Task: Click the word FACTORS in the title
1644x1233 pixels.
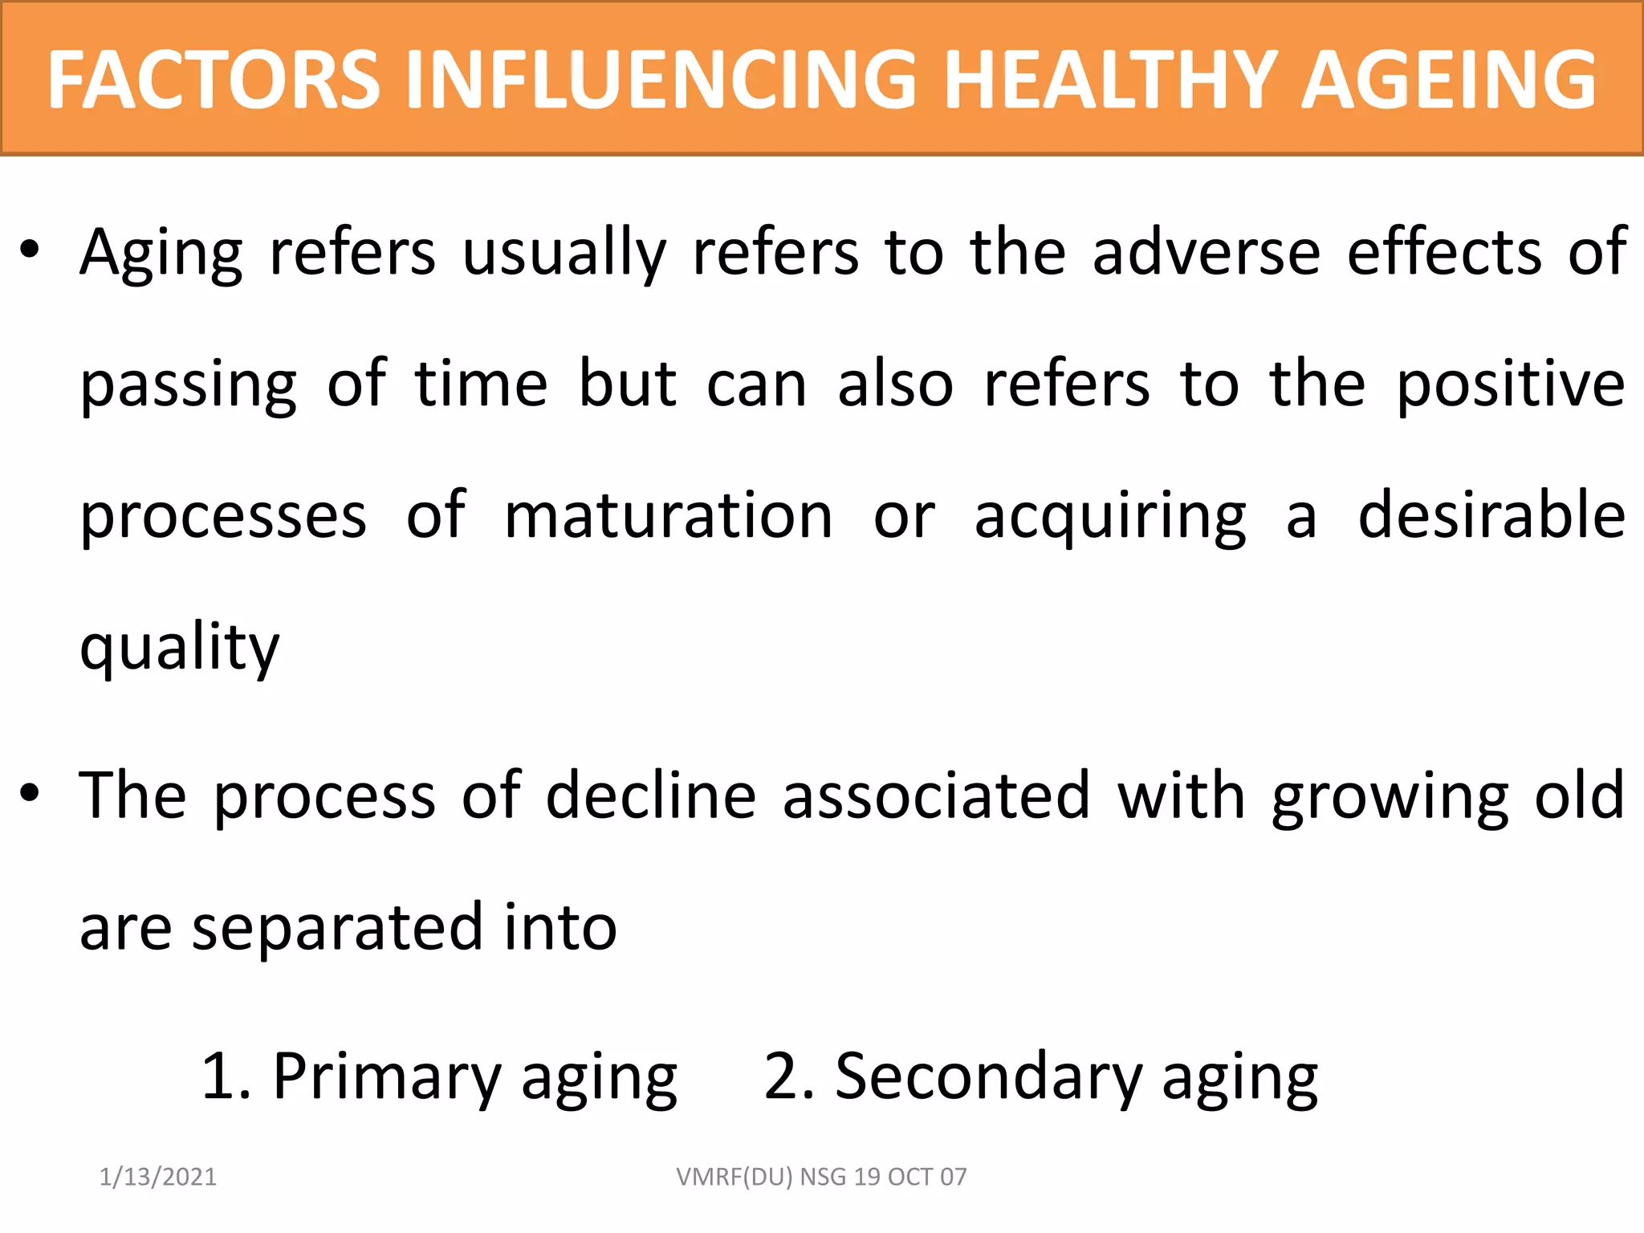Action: tap(214, 79)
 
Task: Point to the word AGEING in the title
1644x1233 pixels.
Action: tap(1448, 79)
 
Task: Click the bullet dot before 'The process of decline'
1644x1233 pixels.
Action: tap(30, 793)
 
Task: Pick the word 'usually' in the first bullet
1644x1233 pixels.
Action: tap(564, 254)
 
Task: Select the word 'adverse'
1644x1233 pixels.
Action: tap(1206, 252)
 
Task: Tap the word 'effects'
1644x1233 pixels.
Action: tap(1444, 252)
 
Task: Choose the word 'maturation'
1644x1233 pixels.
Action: tap(669, 516)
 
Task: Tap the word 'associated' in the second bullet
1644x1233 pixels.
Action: tap(936, 796)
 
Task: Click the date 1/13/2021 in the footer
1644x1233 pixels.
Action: tap(158, 1177)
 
